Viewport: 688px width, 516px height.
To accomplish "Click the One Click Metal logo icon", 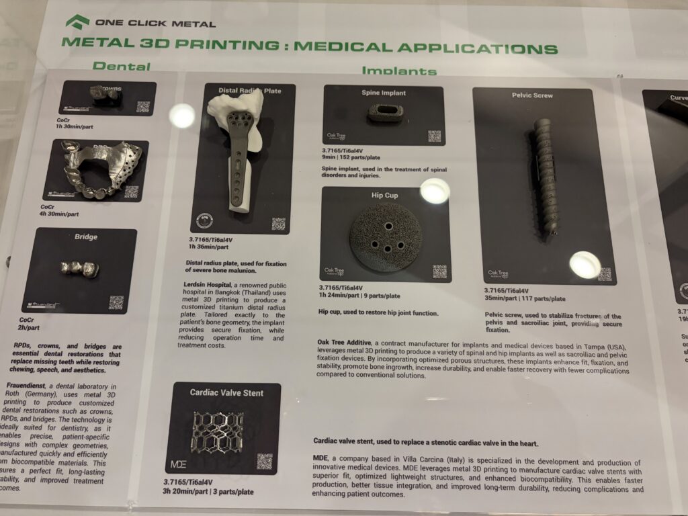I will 77,21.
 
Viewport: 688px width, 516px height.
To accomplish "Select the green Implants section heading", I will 398,71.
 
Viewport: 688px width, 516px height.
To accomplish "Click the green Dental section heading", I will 121,66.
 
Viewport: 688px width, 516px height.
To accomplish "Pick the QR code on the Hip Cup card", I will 439,271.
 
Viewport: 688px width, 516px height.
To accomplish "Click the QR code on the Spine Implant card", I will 434,136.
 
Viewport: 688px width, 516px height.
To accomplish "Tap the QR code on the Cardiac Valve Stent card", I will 264,462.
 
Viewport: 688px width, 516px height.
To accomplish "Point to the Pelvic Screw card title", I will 532,95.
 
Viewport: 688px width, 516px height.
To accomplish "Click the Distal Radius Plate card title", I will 249,90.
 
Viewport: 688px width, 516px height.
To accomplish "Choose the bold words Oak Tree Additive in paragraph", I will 351,343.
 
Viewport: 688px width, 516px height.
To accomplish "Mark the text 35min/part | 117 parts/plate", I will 524,299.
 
